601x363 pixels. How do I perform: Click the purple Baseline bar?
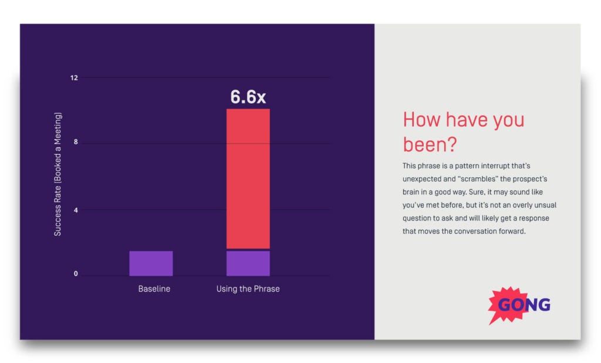click(151, 263)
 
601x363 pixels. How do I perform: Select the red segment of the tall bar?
click(248, 178)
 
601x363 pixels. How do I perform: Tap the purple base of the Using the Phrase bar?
click(248, 263)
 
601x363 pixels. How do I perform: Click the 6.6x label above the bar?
click(248, 97)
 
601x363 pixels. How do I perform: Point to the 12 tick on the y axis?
click(75, 77)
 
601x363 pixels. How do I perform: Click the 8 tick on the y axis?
click(75, 143)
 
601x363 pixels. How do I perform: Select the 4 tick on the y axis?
click(75, 209)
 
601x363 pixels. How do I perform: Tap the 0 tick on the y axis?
click(75, 274)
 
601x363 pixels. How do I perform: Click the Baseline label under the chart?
click(154, 289)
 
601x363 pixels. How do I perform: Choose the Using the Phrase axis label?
click(248, 289)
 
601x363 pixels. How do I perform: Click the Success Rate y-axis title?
click(58, 174)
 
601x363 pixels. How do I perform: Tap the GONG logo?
click(519, 304)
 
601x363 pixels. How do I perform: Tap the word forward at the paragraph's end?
click(508, 231)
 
